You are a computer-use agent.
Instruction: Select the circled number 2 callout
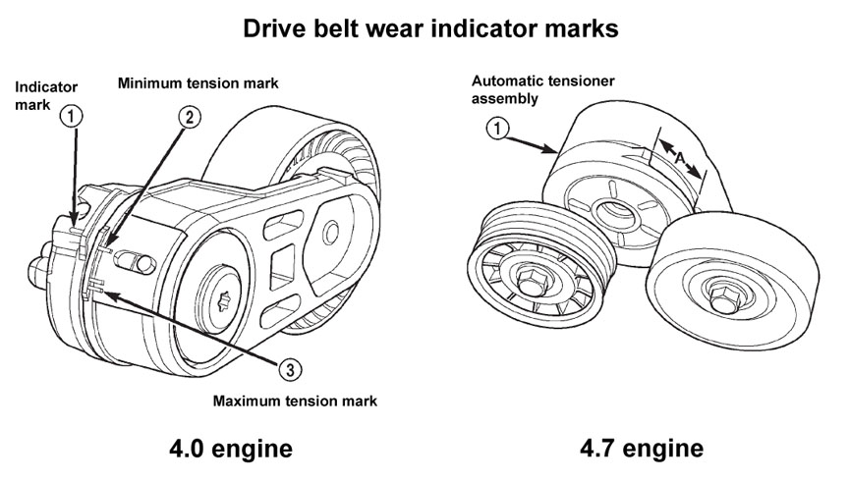click(191, 117)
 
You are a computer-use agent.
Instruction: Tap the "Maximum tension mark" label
click(296, 401)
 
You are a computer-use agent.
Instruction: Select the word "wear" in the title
click(407, 29)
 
